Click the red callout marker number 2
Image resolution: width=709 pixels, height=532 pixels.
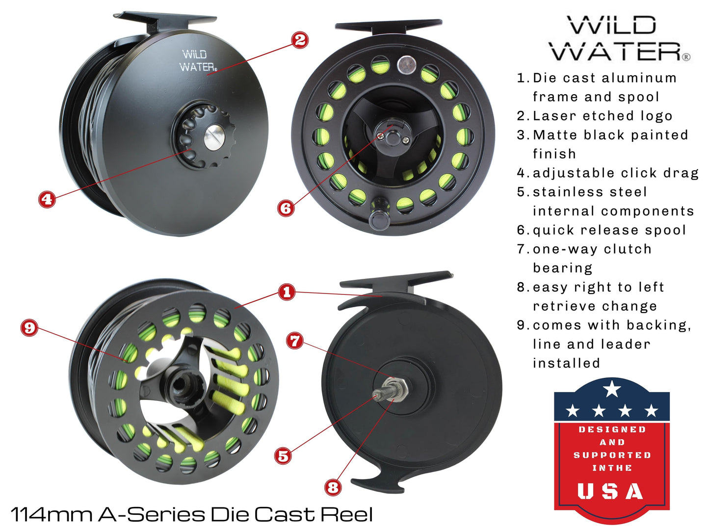tap(300, 40)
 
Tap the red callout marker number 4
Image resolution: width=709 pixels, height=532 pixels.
tap(47, 199)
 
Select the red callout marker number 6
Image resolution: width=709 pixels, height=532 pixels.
tap(286, 208)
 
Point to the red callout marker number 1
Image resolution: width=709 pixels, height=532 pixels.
tap(287, 292)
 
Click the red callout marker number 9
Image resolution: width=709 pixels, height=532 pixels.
tap(29, 327)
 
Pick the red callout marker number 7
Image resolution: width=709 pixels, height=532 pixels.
tap(295, 341)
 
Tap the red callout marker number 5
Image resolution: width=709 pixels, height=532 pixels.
tap(283, 455)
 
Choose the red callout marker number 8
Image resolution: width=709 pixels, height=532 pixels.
tap(333, 487)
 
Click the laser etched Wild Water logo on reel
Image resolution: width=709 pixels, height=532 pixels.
tap(197, 61)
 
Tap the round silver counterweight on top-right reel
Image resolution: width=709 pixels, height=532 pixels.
tap(405, 64)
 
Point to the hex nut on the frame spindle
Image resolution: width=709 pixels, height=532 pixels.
tap(396, 388)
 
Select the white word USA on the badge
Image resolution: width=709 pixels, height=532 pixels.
tap(611, 491)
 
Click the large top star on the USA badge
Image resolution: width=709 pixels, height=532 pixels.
tap(612, 389)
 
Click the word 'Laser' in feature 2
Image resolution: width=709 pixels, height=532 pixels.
tap(554, 116)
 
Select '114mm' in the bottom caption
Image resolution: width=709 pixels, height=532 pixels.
tap(52, 514)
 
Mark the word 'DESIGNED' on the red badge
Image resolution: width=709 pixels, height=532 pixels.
tap(612, 429)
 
